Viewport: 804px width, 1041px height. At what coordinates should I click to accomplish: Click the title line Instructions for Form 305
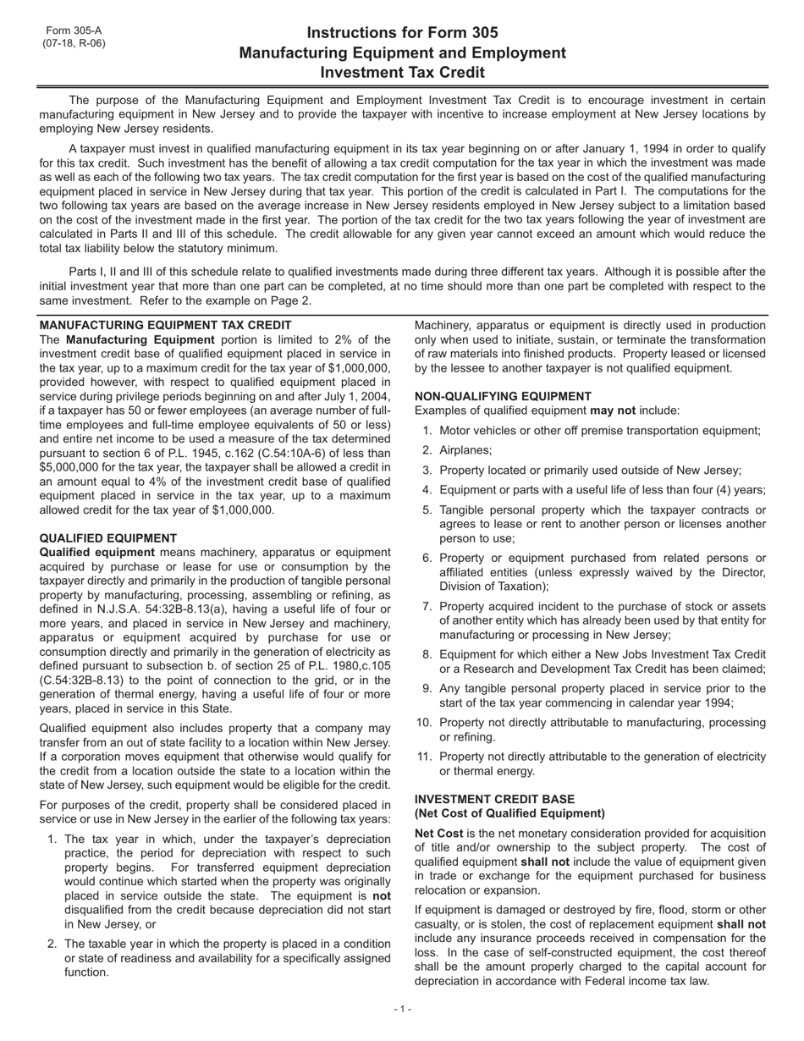(402, 33)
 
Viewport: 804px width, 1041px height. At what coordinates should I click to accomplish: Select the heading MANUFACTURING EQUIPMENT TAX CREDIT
(165, 325)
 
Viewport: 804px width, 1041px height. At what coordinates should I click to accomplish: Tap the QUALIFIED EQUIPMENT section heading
(108, 538)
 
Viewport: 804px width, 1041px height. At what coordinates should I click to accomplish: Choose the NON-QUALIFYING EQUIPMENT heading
(503, 396)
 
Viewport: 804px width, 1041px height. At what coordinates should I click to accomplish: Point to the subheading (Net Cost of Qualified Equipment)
(509, 813)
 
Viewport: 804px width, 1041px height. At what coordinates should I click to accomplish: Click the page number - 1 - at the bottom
(402, 1009)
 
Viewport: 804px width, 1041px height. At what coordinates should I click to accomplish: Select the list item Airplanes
(465, 450)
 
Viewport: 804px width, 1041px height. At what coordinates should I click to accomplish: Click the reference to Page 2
(293, 300)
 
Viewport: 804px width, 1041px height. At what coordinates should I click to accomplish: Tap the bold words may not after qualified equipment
(612, 410)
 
